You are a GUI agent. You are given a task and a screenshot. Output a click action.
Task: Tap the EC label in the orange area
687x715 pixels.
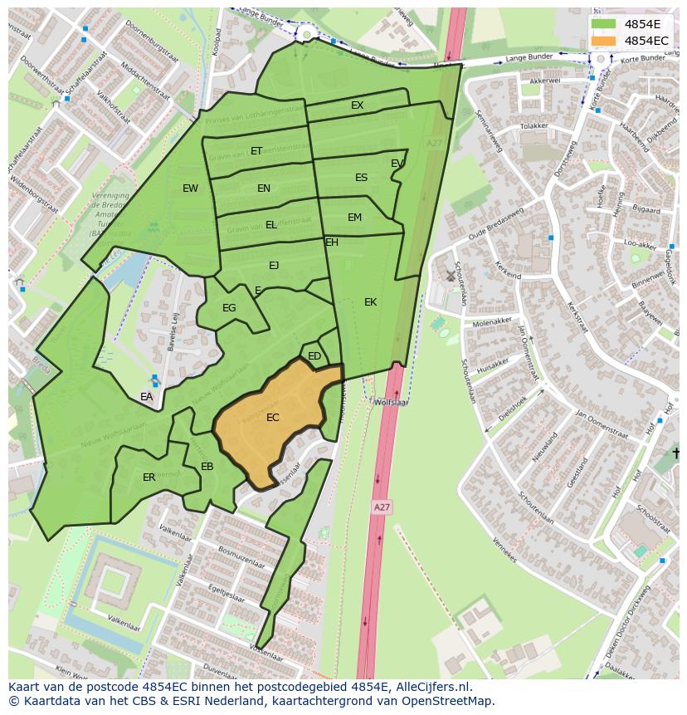tap(272, 418)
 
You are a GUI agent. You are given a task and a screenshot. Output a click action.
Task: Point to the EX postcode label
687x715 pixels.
tap(357, 105)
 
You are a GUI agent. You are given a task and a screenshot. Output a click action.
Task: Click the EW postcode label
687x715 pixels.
tap(190, 189)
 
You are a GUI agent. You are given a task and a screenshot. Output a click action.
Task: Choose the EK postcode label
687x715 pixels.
tap(370, 302)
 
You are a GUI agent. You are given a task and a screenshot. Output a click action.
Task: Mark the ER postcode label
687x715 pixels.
tap(149, 477)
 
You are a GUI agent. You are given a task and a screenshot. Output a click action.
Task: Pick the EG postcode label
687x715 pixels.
tap(229, 308)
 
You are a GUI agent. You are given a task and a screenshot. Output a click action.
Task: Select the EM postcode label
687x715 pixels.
tap(354, 218)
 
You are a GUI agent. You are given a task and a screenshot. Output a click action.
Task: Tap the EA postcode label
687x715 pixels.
tap(146, 397)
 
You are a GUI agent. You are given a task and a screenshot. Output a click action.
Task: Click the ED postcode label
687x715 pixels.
tap(314, 356)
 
